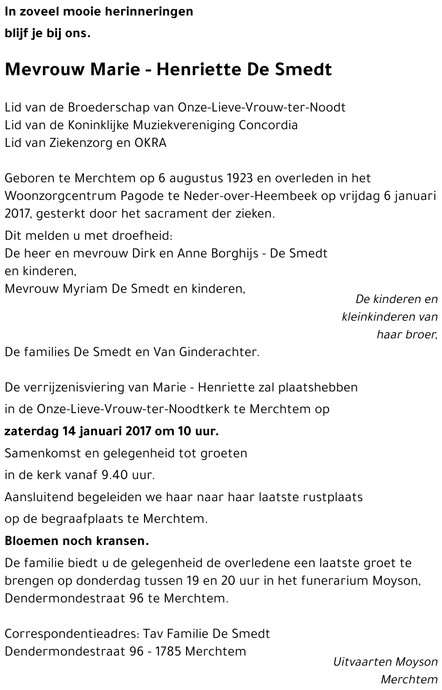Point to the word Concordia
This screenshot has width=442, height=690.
click(x=268, y=125)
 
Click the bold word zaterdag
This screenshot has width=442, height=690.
click(x=31, y=431)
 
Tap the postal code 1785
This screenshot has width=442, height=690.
click(x=170, y=651)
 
